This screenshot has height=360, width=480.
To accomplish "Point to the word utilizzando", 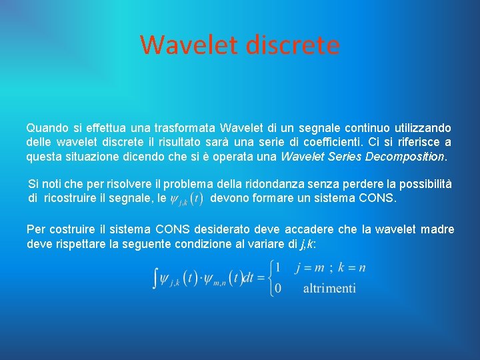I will point(423,127).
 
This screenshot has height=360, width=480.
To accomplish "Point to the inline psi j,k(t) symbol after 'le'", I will point(187,199).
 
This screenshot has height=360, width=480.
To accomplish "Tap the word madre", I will point(438,229).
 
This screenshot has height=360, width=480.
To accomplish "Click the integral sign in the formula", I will point(156,278).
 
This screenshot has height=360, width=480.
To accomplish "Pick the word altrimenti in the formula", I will point(329,288).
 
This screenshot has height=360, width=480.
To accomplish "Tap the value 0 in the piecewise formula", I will point(277,288).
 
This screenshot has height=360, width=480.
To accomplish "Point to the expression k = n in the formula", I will point(352,268).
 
